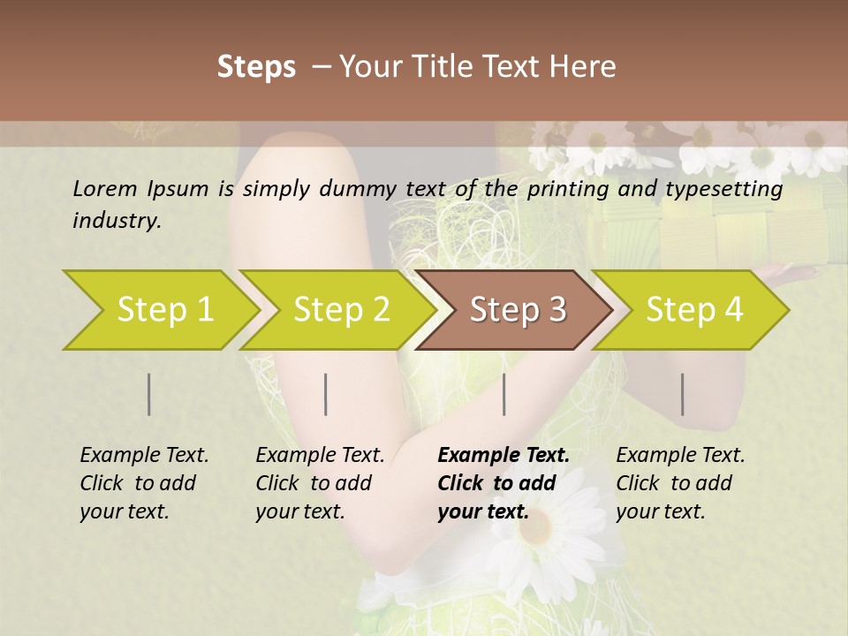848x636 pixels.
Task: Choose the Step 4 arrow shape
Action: (x=693, y=310)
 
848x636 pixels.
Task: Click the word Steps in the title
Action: (x=256, y=67)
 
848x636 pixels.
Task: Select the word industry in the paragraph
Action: (x=117, y=221)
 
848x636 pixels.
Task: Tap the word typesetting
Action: (x=730, y=189)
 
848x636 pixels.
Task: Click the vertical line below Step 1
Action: (x=149, y=394)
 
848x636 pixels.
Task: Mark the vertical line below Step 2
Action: (x=326, y=394)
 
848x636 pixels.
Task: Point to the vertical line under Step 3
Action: (x=504, y=394)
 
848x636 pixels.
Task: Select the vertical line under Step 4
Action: (x=683, y=394)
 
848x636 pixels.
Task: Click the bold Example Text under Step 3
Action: (x=503, y=456)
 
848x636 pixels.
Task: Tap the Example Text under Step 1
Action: (x=144, y=456)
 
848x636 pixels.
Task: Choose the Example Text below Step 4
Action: (x=680, y=456)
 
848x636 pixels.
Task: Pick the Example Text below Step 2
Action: (x=320, y=456)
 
